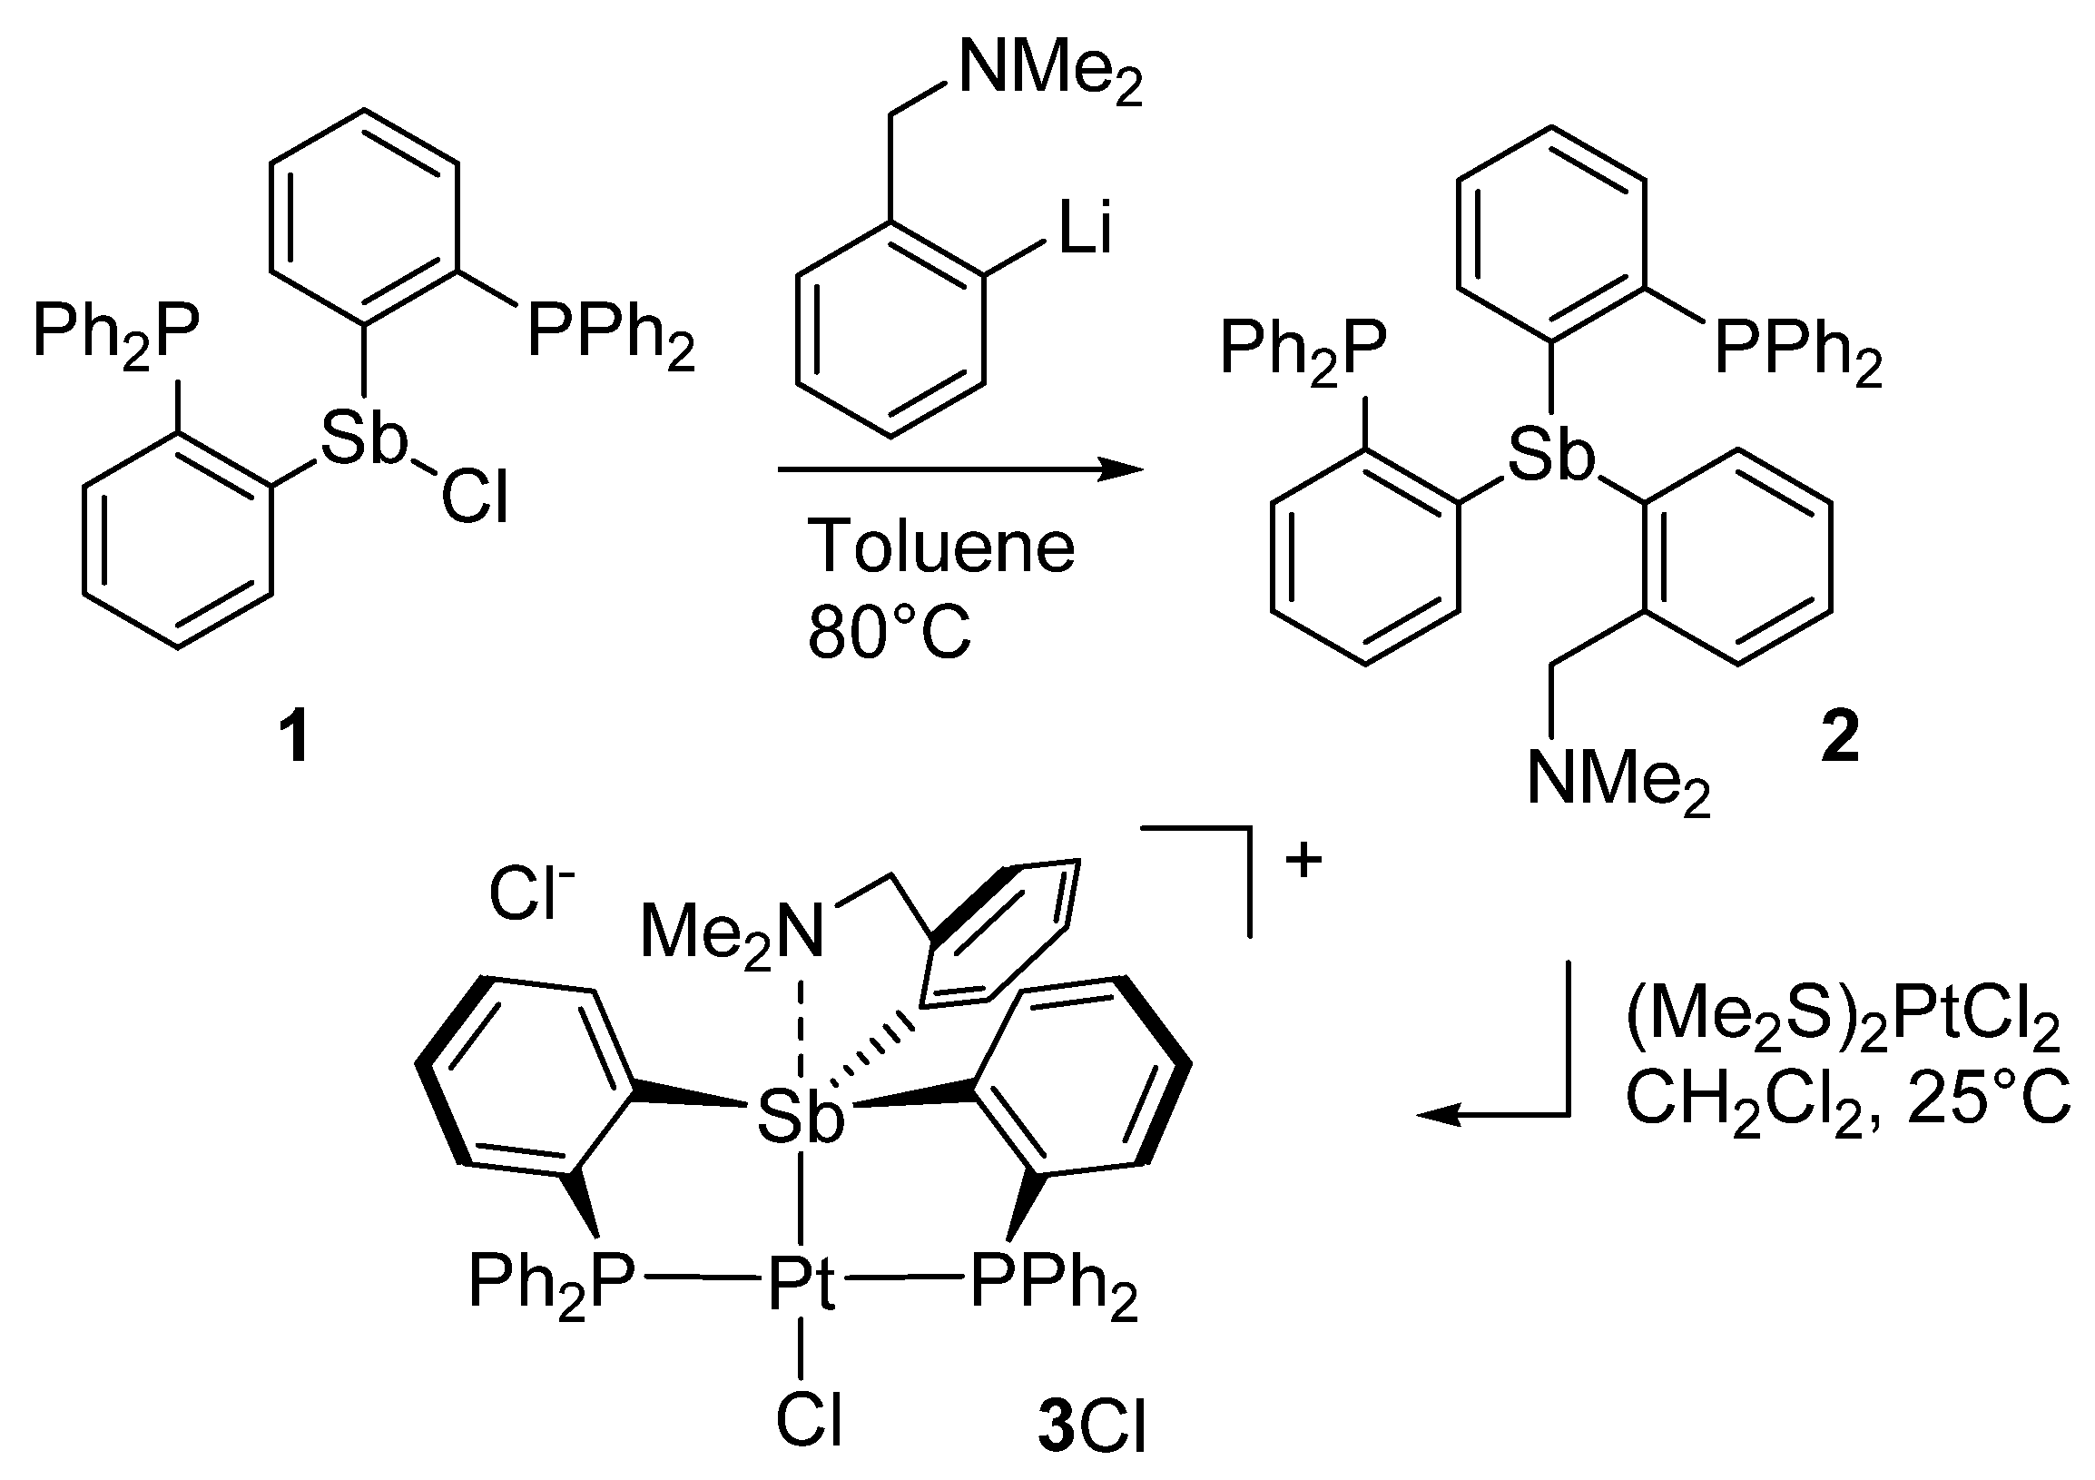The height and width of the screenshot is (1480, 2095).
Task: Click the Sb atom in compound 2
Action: [x=1550, y=456]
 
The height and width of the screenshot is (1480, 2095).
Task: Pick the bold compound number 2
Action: [x=1840, y=738]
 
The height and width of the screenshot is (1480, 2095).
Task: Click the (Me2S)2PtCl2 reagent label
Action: [x=1844, y=1025]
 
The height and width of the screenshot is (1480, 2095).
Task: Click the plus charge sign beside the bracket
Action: [x=1303, y=860]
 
